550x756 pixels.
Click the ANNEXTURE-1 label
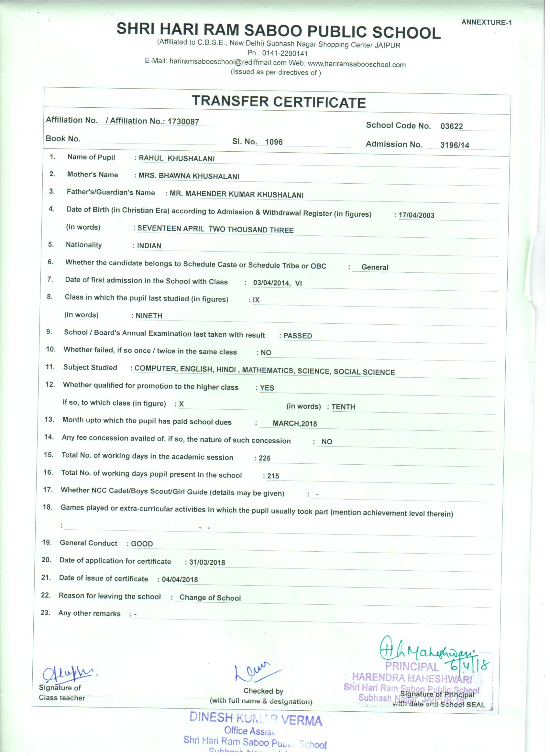[486, 23]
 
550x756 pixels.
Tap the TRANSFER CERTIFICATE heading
[279, 102]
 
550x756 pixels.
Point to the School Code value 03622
[451, 126]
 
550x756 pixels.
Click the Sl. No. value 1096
[273, 142]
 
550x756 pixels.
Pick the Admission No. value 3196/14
[454, 145]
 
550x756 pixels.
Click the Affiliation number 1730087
[183, 122]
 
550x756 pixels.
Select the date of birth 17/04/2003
[416, 215]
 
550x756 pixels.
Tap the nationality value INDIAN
[149, 246]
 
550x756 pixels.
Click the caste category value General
[375, 267]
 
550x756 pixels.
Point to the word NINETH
[149, 316]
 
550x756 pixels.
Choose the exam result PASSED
[298, 336]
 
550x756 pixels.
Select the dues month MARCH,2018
[294, 424]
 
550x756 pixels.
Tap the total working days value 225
[265, 458]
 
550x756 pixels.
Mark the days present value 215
[273, 476]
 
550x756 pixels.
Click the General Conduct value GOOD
[142, 544]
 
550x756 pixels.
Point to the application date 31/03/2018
[207, 563]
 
